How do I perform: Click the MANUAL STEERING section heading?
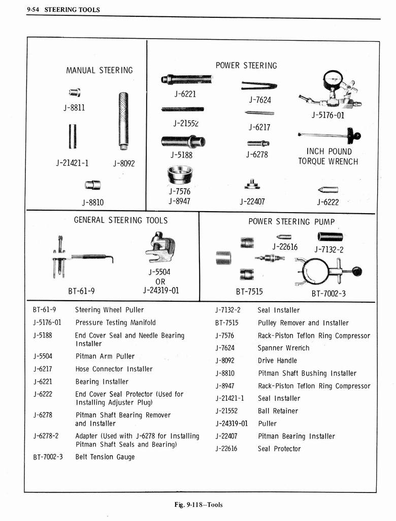pyautogui.click(x=99, y=70)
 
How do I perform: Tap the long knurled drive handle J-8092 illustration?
pyautogui.click(x=123, y=121)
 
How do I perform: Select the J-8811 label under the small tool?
pyautogui.click(x=75, y=108)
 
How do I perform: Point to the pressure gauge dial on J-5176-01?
pyautogui.click(x=333, y=80)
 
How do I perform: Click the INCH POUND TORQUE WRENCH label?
pyautogui.click(x=328, y=157)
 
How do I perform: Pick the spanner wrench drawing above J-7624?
pyautogui.click(x=259, y=85)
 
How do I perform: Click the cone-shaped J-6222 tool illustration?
pyautogui.click(x=328, y=190)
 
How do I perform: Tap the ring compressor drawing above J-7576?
pyautogui.click(x=179, y=176)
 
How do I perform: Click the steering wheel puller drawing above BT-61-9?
pyautogui.click(x=76, y=257)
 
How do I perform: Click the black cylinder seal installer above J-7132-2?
pyautogui.click(x=330, y=237)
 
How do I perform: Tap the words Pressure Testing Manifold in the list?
pyautogui.click(x=115, y=323)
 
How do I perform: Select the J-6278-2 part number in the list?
pyautogui.click(x=45, y=436)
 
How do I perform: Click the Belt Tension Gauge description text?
pyautogui.click(x=105, y=457)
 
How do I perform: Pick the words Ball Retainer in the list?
pyautogui.click(x=278, y=411)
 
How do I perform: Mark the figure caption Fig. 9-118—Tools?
pyautogui.click(x=198, y=505)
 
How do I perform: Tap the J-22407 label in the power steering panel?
pyautogui.click(x=252, y=201)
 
